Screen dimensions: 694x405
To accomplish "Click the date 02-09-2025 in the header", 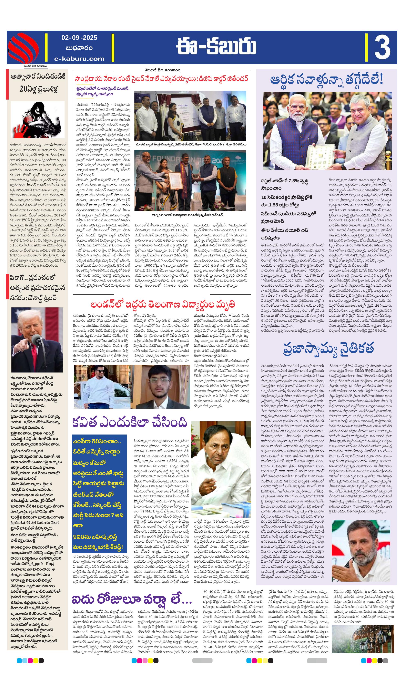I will coord(79,38).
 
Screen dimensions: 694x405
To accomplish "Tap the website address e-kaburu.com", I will coord(79,58).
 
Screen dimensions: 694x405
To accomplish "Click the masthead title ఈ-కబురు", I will coord(216,46).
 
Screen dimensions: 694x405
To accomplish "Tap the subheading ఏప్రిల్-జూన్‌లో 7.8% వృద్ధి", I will coord(285,181).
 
